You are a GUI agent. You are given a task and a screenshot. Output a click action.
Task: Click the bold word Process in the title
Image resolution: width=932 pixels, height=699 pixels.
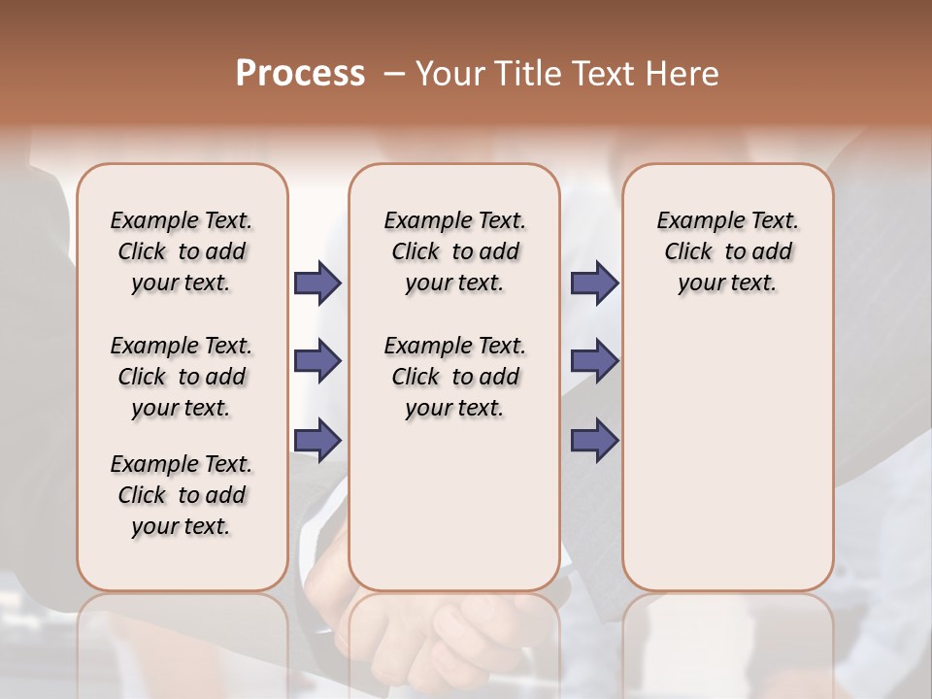click(x=300, y=74)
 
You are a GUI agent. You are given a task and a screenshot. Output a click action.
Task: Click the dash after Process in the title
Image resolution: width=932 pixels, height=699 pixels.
click(x=394, y=75)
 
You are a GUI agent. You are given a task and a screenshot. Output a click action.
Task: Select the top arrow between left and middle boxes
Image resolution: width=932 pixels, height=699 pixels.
click(x=317, y=283)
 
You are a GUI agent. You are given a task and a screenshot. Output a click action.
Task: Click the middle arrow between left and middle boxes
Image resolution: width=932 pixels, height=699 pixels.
click(x=317, y=361)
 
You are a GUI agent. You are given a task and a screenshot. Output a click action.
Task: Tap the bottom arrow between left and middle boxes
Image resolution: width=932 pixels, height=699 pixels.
click(x=317, y=440)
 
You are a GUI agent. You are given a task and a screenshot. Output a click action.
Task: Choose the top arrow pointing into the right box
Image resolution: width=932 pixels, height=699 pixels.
click(x=594, y=283)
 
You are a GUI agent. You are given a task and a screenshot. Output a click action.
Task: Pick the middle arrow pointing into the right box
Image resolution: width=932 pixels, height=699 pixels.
click(x=594, y=361)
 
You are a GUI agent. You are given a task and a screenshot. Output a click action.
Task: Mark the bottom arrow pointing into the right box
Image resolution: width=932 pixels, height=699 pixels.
click(x=594, y=440)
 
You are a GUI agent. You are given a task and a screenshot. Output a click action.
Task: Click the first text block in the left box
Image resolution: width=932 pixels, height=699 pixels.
click(x=182, y=251)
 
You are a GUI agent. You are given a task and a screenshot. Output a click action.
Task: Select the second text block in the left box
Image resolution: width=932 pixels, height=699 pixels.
click(x=182, y=377)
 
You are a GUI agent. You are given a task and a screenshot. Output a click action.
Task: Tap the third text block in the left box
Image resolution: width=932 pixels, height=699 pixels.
click(x=182, y=495)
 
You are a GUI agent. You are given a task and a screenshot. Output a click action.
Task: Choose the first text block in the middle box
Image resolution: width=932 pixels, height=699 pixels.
click(x=454, y=251)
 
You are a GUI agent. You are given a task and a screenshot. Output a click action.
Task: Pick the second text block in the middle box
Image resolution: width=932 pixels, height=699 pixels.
click(x=454, y=377)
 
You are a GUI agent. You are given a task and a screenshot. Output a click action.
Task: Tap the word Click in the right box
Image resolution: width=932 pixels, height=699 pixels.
click(x=688, y=252)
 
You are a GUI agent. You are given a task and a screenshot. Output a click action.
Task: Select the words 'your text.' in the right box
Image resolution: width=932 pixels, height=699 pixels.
click(x=727, y=283)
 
